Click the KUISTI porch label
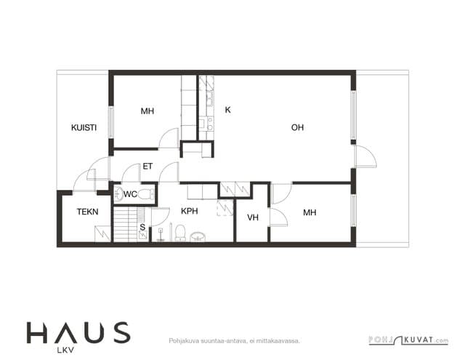(x=84, y=127)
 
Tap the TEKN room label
(x=87, y=212)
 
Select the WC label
(x=130, y=194)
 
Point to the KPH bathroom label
(x=189, y=211)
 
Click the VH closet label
(x=253, y=217)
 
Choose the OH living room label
(x=297, y=127)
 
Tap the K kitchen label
(x=227, y=110)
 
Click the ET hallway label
(x=147, y=167)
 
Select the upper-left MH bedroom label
(x=147, y=111)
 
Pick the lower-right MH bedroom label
(x=310, y=212)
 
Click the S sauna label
(x=142, y=227)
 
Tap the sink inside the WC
(x=119, y=194)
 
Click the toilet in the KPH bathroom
(x=180, y=233)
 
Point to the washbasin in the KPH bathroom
(x=197, y=236)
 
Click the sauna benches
(x=129, y=224)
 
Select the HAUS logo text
(x=78, y=332)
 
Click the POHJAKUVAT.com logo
(x=408, y=340)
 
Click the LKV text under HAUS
(x=65, y=351)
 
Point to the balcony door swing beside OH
(x=366, y=156)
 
